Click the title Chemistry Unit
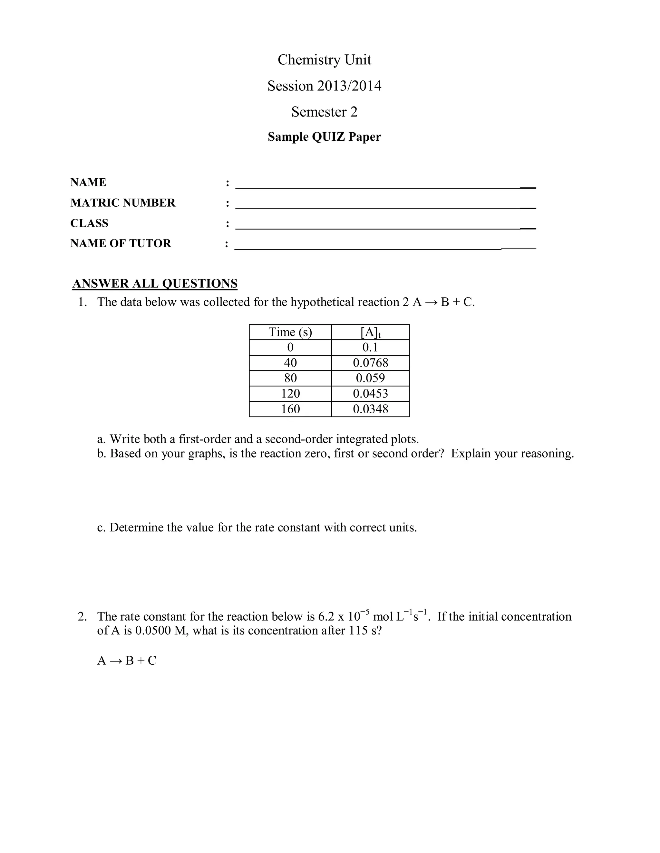click(x=324, y=60)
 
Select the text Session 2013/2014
click(x=324, y=86)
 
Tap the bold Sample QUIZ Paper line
click(x=324, y=137)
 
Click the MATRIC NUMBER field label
click(x=123, y=203)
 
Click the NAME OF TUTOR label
click(x=121, y=243)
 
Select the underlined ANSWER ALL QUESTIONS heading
click(x=155, y=284)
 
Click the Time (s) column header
click(x=290, y=332)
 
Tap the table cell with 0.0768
click(x=370, y=363)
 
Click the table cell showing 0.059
click(x=370, y=378)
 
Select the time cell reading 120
click(x=290, y=393)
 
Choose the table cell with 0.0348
click(x=370, y=409)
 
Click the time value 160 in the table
click(x=290, y=409)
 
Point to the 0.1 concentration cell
click(x=370, y=347)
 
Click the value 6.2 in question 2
click(x=326, y=617)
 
